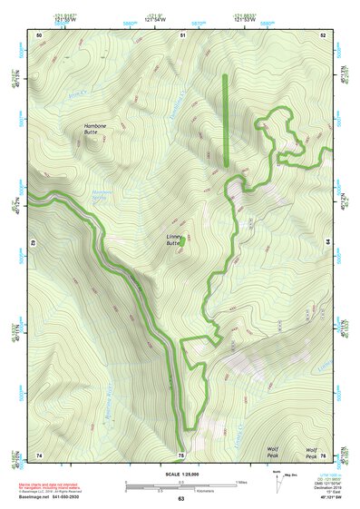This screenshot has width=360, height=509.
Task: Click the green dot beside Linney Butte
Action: point(182,241)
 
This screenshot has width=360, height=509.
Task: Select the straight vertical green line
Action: point(226,120)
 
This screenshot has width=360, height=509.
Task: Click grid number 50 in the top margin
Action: point(39,34)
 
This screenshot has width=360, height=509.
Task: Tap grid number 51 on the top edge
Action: point(182,34)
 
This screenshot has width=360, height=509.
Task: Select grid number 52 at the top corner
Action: point(323,34)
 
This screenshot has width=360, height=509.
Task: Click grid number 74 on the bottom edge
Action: point(39,454)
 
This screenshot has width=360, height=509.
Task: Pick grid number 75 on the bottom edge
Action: point(181,454)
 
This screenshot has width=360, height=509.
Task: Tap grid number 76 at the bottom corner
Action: point(323,454)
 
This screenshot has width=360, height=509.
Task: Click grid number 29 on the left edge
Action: point(32,244)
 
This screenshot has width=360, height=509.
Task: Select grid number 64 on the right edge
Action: point(328,244)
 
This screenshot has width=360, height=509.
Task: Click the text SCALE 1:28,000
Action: point(180,475)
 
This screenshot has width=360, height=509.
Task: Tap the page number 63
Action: point(180,499)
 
